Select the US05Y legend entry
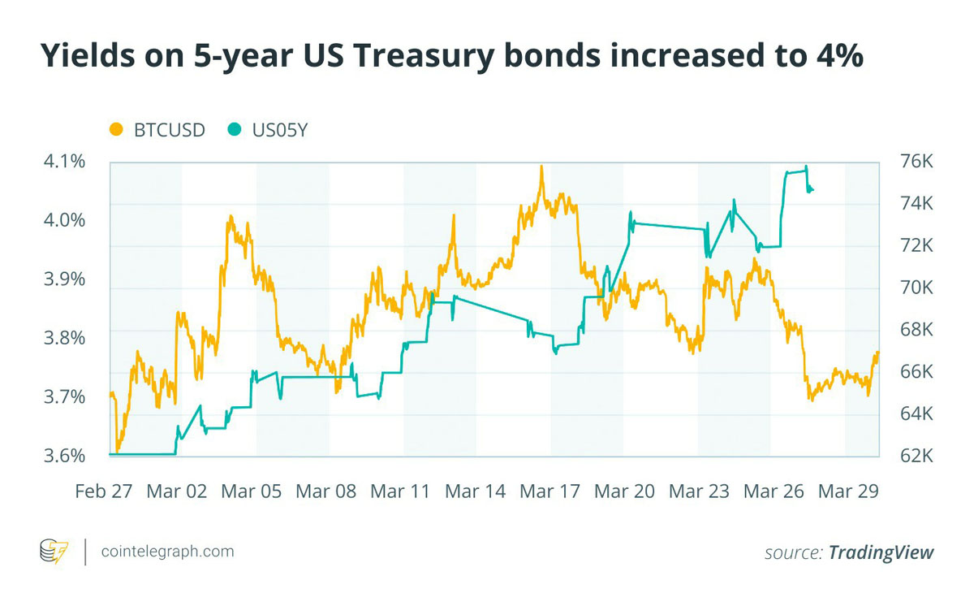267,130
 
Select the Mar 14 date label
476,491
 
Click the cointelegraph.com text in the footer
168,552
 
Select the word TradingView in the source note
881,552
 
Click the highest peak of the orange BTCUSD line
541,167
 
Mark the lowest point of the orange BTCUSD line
118,452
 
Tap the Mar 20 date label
624,491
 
